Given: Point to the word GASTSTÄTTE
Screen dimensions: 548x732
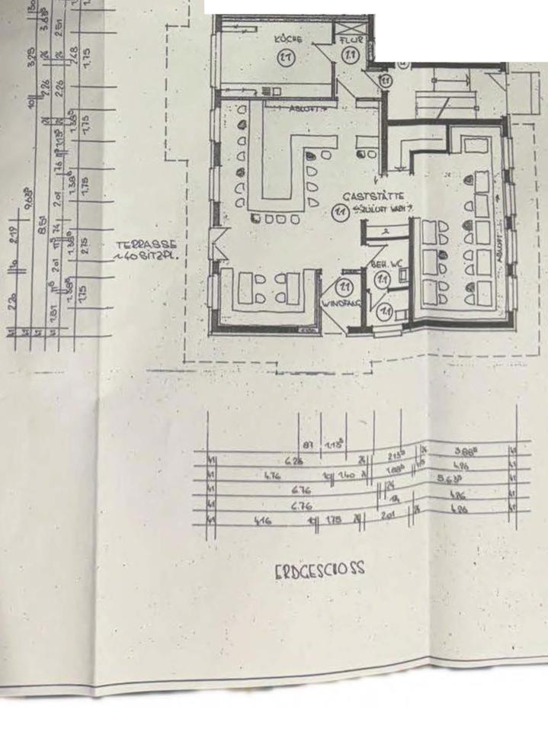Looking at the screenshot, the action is coord(373,196).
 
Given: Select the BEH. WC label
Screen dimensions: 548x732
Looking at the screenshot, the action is coord(386,264).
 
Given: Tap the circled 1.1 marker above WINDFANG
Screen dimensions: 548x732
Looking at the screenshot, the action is coord(345,287).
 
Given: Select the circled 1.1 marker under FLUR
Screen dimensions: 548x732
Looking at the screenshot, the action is coord(351,55).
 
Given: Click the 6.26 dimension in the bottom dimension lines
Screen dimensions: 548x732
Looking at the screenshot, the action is coord(293,461).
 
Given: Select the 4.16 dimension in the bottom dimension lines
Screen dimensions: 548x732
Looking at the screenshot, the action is coord(261,522).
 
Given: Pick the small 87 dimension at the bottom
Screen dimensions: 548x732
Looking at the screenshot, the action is coord(309,445).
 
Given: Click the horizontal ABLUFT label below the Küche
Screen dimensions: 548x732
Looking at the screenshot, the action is coord(307,108).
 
